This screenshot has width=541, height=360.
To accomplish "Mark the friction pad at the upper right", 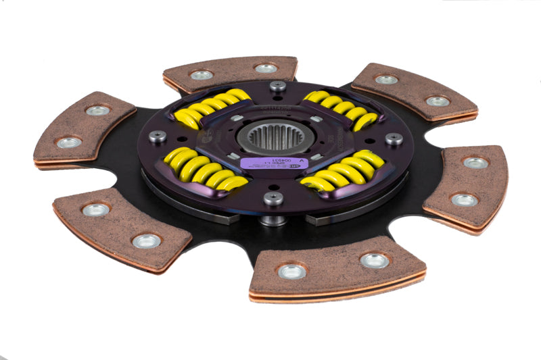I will [413, 91].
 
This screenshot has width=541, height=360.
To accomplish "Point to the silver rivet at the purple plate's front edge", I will [273, 198].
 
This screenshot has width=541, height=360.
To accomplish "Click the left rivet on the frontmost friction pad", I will [292, 271].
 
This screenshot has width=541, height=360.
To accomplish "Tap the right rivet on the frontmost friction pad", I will [374, 260].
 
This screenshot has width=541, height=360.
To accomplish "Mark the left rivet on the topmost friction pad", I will [202, 74].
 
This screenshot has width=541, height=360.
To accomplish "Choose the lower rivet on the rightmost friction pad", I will [465, 200].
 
